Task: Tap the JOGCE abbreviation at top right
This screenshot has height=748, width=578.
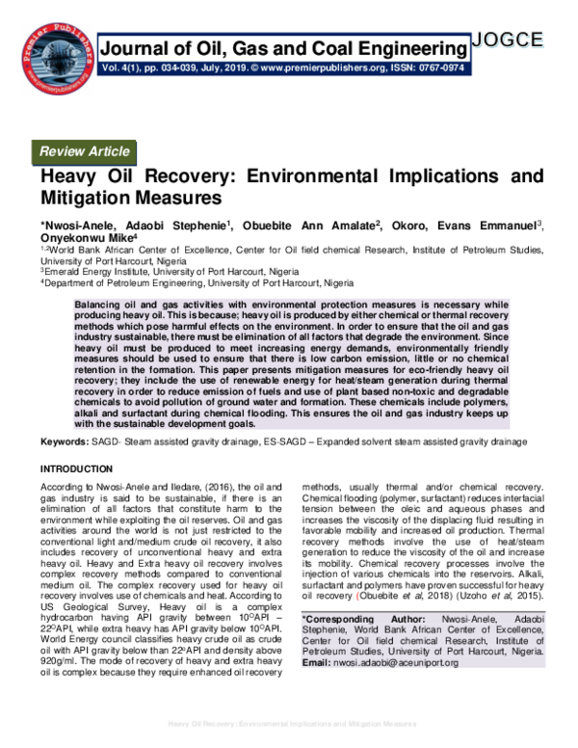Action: coord(508,40)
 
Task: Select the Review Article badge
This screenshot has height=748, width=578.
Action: coord(84,151)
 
